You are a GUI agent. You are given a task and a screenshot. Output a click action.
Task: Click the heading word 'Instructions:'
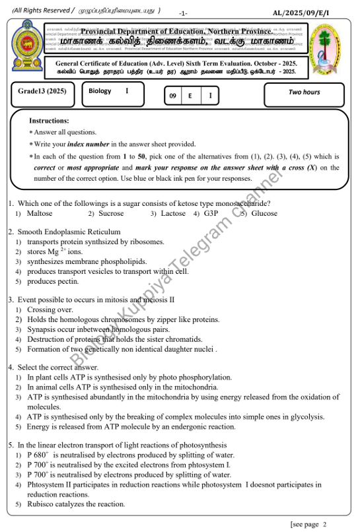pos(49,121)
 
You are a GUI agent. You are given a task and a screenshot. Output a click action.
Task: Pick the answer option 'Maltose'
pos(40,213)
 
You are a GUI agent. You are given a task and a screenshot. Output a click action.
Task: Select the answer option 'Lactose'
pos(173,213)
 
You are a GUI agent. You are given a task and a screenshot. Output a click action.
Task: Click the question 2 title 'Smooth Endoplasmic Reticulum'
pos(69,232)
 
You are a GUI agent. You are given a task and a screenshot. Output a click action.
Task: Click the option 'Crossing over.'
pos(51,310)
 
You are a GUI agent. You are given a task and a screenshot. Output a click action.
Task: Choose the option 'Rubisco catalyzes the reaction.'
pos(76,504)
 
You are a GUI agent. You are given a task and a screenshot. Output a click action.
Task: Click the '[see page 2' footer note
pos(308,524)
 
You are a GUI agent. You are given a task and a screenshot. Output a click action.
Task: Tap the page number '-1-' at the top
pos(183,13)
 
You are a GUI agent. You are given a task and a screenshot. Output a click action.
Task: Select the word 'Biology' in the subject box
pos(100,92)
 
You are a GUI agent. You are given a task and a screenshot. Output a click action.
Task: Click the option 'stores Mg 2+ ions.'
pos(55,251)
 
